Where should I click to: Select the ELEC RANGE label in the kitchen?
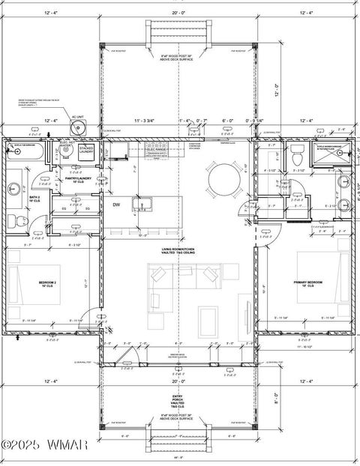coord(155,149)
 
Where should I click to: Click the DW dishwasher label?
coord(116,205)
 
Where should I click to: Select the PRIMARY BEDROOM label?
coord(308,282)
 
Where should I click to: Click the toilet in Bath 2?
coord(12,220)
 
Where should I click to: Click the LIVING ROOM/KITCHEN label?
coord(178,249)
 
